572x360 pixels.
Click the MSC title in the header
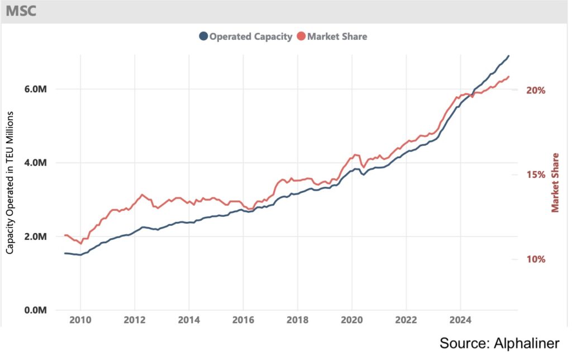click(21, 11)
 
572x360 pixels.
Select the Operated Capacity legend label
click(251, 36)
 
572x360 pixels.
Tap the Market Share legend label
click(337, 36)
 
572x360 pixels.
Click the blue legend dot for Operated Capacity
click(203, 36)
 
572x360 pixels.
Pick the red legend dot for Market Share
click(301, 36)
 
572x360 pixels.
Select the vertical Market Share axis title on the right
click(555, 182)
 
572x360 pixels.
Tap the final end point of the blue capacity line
click(508, 56)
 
